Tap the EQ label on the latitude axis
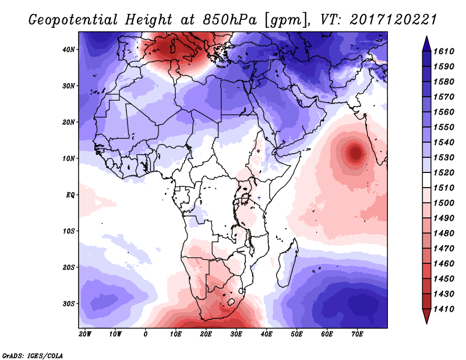click(x=70, y=195)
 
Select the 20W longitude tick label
click(x=85, y=334)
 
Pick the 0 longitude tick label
click(x=146, y=334)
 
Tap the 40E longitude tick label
click(x=266, y=334)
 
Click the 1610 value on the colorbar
click(x=446, y=51)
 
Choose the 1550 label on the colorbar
click(x=446, y=127)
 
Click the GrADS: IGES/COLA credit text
click(x=33, y=355)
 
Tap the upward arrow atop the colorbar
click(x=426, y=41)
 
